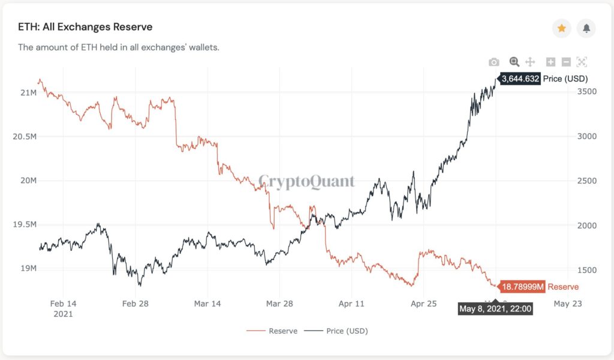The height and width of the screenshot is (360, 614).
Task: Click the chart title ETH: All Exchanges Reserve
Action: (x=85, y=27)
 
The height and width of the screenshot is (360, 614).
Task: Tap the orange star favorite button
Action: (x=561, y=28)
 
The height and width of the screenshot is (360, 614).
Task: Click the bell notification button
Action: (x=586, y=28)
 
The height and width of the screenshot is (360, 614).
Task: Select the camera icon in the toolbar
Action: (x=493, y=62)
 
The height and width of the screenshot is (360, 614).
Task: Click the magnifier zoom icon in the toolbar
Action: (x=514, y=62)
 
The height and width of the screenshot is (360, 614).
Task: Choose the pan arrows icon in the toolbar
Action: (x=530, y=62)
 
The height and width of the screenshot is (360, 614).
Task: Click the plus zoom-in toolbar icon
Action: (x=550, y=62)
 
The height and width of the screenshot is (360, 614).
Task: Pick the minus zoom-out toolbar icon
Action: (x=566, y=62)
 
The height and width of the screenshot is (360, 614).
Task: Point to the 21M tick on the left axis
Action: (x=28, y=92)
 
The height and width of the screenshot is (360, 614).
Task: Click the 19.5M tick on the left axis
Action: (x=25, y=224)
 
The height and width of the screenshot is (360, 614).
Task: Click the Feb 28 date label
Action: (x=135, y=304)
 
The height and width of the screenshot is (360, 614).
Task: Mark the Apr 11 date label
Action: (x=351, y=304)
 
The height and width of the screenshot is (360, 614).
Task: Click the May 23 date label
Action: (x=567, y=304)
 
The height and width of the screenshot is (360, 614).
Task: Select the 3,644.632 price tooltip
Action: (x=520, y=79)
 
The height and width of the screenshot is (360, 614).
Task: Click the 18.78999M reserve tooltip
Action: (x=522, y=287)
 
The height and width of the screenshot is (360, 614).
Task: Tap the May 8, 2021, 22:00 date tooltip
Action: (x=495, y=309)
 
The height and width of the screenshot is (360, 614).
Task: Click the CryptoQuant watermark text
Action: (x=306, y=181)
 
